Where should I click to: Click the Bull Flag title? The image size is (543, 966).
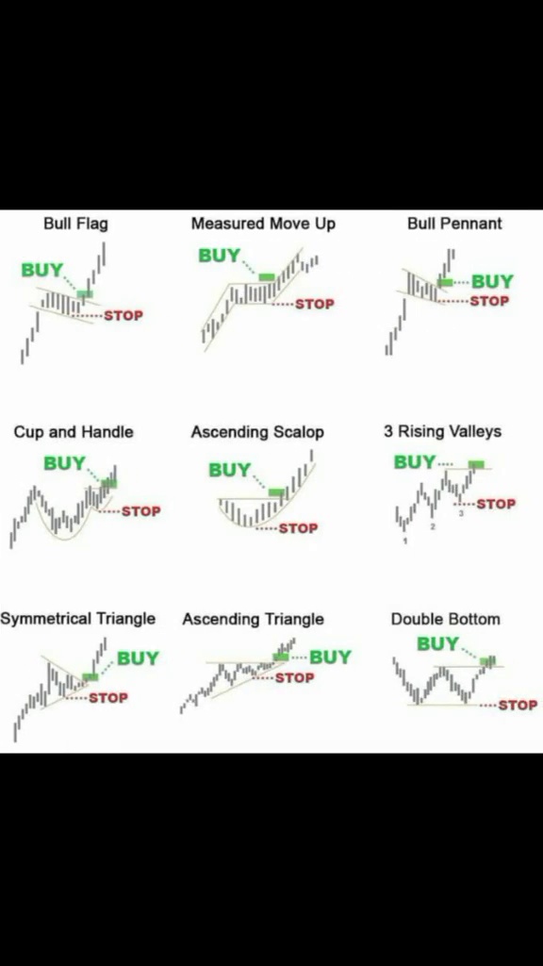click(75, 224)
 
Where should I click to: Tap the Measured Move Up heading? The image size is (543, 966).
click(264, 224)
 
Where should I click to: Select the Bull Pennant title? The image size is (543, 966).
click(454, 224)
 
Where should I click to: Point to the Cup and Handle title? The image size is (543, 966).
click(74, 432)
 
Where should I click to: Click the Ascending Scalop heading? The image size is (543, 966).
click(257, 432)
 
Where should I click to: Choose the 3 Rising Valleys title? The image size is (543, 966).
click(442, 432)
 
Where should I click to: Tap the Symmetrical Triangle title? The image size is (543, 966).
click(77, 619)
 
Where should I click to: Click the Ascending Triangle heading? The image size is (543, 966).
click(253, 619)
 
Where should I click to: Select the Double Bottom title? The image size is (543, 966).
click(446, 619)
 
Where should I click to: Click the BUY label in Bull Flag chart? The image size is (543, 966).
click(41, 270)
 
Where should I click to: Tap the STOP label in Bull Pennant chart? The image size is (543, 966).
click(489, 301)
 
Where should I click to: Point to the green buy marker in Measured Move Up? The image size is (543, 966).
click(267, 277)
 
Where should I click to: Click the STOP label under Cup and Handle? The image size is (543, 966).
click(141, 511)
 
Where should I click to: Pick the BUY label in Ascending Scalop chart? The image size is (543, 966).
click(230, 471)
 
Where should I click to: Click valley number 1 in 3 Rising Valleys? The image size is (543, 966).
click(405, 541)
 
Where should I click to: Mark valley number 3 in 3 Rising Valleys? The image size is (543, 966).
click(461, 513)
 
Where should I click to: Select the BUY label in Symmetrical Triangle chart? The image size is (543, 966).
click(138, 658)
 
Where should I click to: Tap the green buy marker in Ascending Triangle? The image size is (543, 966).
click(281, 658)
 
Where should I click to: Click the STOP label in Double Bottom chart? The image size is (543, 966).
click(518, 706)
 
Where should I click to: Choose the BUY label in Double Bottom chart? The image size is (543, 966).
click(437, 644)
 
